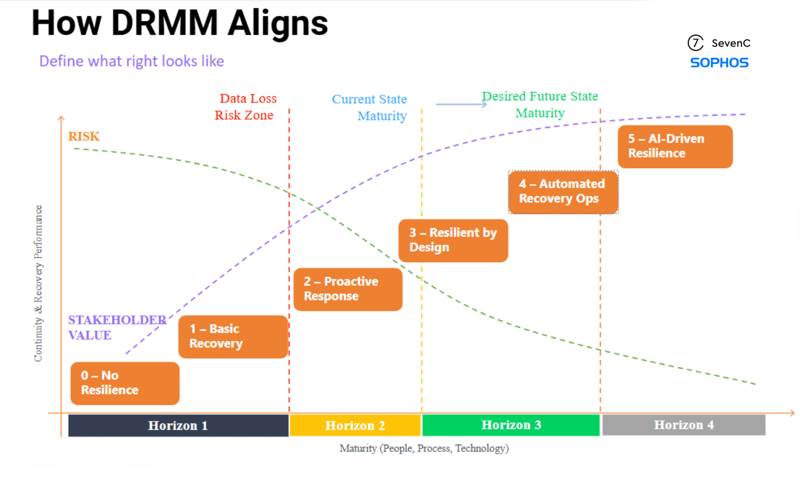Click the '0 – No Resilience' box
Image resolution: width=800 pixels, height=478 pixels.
pos(125,383)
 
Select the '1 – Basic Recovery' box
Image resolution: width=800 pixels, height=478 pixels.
pos(233,336)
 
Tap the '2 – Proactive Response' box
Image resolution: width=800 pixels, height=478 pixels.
pos(348,289)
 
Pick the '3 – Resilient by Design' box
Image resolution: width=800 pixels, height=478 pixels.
pos(453,241)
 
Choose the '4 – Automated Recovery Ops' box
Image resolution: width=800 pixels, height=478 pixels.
pos(562,192)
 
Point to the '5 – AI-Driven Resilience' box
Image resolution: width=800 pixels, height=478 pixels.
pos(675,147)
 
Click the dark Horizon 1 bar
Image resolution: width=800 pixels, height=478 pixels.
pos(178,425)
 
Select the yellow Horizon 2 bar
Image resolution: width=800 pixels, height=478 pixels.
pos(355,425)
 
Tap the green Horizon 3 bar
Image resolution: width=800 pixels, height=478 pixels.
pos(511,425)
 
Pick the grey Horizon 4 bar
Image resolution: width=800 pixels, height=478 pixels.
pos(683,425)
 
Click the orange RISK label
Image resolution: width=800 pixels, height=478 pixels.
pos(84,136)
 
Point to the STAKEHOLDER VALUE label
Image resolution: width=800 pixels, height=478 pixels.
pos(117,327)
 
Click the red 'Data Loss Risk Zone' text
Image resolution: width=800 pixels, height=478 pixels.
pos(245,107)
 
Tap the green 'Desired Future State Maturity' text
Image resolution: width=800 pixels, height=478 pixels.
pos(540,105)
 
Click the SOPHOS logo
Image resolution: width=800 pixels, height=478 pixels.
pos(719,63)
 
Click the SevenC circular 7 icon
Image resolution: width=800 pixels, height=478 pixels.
pos(695,43)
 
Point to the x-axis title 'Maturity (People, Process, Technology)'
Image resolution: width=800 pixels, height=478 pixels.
pos(424,449)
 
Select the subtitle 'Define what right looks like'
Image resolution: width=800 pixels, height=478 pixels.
pos(132,61)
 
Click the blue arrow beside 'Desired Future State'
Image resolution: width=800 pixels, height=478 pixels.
pos(461,104)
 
